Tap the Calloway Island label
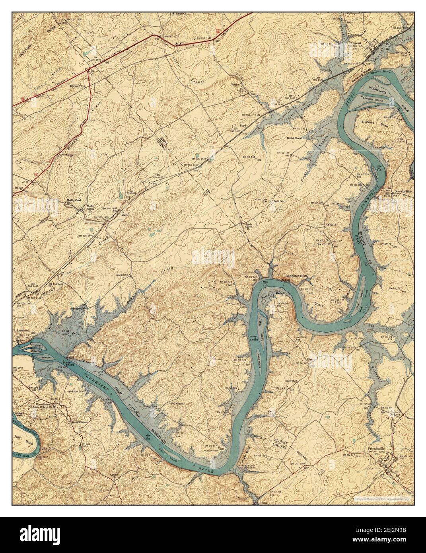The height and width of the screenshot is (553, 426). [x=372, y=101]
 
